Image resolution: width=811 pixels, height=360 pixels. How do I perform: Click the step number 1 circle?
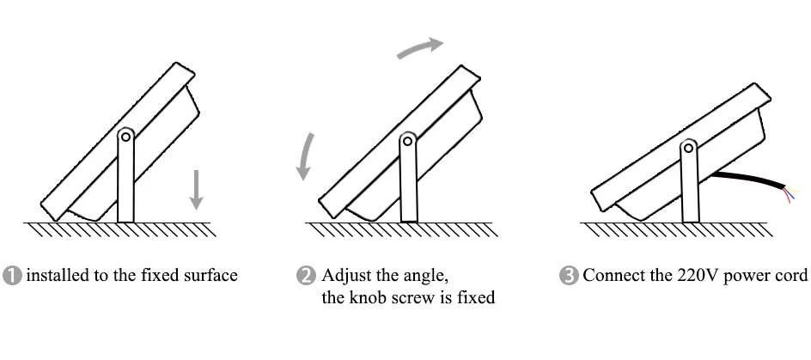(13, 276)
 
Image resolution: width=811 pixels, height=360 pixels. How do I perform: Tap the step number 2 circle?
(306, 276)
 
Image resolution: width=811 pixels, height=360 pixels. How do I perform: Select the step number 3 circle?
(569, 276)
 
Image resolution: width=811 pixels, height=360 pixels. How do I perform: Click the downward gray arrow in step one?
(197, 189)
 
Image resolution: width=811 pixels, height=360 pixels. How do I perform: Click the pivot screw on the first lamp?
(125, 135)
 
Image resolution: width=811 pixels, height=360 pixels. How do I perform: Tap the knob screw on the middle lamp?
(410, 137)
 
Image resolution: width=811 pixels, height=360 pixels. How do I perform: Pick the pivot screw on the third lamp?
(688, 149)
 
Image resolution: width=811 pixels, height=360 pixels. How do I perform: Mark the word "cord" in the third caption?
(793, 276)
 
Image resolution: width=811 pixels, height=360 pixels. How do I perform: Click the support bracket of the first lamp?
(125, 180)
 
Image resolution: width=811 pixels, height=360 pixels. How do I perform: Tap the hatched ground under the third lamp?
(679, 229)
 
